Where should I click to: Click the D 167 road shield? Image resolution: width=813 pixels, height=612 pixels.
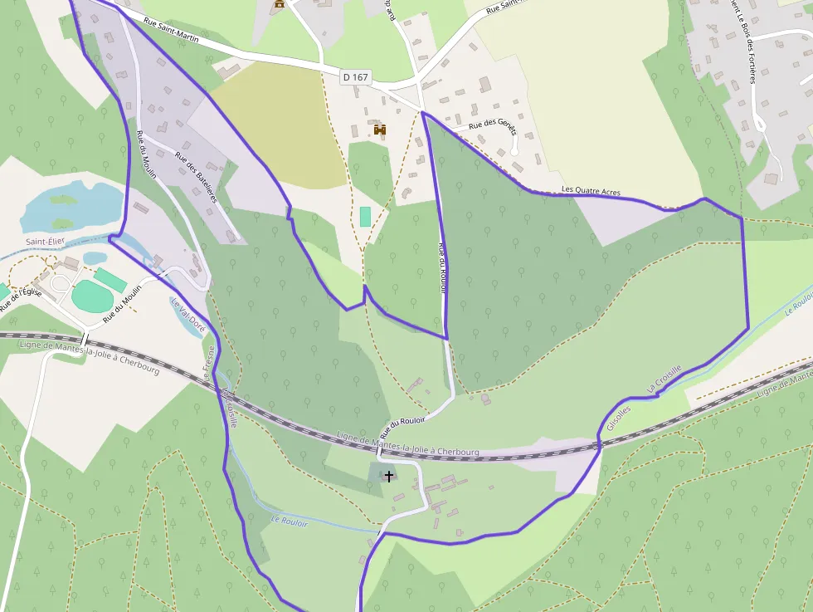coord(355,77)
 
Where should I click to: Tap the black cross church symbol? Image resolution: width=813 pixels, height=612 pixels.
coord(388,476)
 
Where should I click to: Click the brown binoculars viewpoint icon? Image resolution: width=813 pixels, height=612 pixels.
coord(380,130)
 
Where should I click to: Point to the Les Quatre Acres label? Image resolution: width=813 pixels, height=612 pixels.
coord(591,190)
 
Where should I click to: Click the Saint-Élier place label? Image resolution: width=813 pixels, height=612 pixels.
coord(45,242)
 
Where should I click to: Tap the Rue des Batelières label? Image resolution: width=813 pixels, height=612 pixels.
coord(195,175)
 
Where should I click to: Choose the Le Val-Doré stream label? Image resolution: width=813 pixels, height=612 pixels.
coord(188,316)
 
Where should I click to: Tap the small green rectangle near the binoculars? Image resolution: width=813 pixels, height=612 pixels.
coord(365,217)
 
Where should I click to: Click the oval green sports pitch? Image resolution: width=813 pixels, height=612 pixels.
coord(91,296)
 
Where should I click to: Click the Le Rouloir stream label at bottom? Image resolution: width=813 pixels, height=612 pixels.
coord(290,521)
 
